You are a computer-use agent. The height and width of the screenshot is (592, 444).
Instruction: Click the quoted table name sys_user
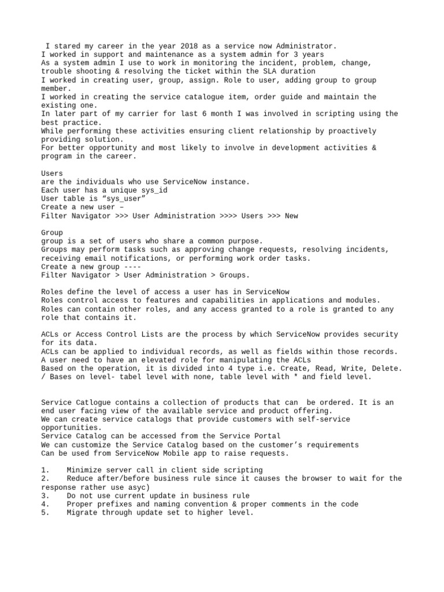[122, 199]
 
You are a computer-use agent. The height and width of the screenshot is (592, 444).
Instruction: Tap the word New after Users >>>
[292, 216]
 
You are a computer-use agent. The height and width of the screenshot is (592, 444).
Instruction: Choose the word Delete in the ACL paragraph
[386, 368]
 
